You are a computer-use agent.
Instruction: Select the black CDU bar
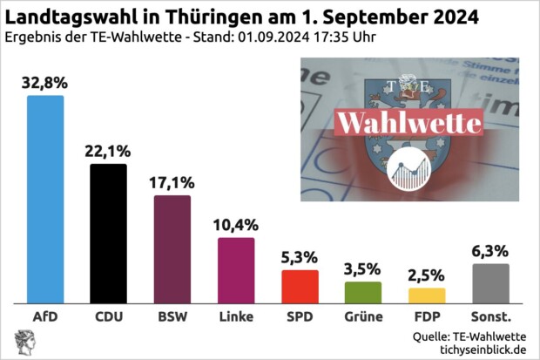[x=109, y=233]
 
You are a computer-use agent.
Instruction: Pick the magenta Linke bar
[x=236, y=270]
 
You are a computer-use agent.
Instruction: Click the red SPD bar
[x=300, y=286]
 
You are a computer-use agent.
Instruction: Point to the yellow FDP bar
[x=427, y=295]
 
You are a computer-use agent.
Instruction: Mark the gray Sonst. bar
[x=490, y=283]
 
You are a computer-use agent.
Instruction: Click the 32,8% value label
[x=45, y=84]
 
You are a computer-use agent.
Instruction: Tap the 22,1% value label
[x=109, y=152]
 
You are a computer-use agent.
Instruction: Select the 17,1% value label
[x=172, y=183]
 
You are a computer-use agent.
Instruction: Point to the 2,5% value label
[x=427, y=275]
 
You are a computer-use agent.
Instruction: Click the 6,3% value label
[x=490, y=251]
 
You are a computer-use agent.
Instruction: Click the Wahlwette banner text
[x=408, y=122]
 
